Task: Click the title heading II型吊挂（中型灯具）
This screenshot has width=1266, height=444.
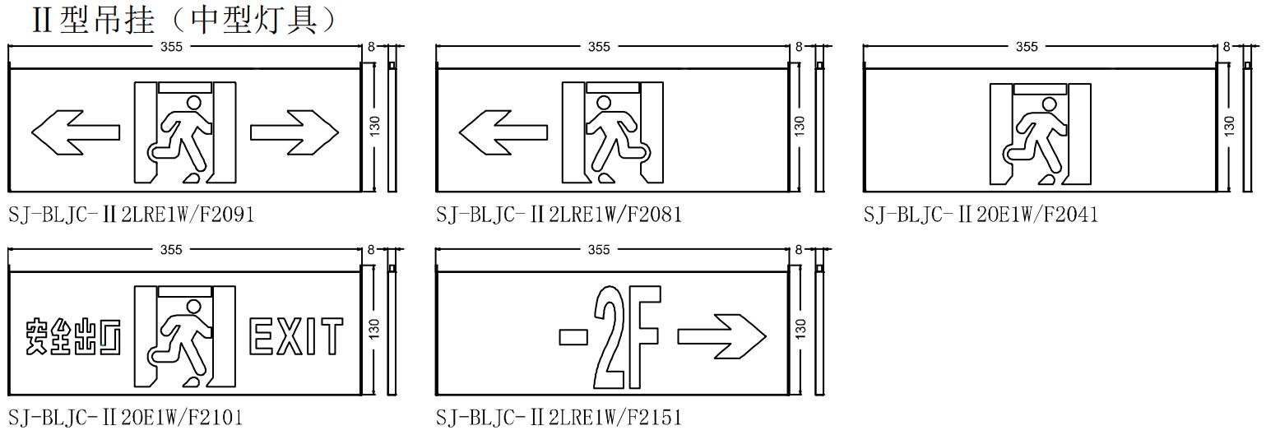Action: click(184, 20)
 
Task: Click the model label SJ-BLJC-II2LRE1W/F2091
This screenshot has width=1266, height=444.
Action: click(131, 215)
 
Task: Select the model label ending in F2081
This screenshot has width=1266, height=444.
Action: click(559, 215)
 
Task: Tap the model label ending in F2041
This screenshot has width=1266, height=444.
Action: click(981, 215)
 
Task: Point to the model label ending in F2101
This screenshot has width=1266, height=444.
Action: click(126, 418)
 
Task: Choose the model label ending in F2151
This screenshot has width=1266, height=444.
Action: click(559, 418)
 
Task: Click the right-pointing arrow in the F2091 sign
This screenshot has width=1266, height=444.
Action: click(294, 132)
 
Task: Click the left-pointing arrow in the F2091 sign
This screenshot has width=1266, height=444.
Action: click(76, 132)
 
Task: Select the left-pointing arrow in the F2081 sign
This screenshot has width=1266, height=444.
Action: click(503, 132)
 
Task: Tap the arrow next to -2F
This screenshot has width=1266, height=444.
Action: click(721, 336)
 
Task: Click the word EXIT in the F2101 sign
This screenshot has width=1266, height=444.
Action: click(296, 336)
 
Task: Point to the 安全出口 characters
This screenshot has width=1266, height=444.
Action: click(73, 337)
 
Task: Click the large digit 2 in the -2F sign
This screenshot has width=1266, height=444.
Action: click(609, 337)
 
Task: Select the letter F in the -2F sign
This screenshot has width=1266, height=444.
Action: click(644, 336)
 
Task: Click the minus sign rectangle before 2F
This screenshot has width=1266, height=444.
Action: click(573, 336)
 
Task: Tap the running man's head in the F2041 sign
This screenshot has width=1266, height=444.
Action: click(1050, 105)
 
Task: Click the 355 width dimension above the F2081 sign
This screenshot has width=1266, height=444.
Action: click(599, 47)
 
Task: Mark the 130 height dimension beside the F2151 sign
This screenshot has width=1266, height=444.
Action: click(799, 328)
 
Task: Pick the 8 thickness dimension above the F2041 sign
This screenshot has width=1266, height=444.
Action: click(1226, 47)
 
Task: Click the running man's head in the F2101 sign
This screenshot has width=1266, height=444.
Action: click(194, 307)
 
